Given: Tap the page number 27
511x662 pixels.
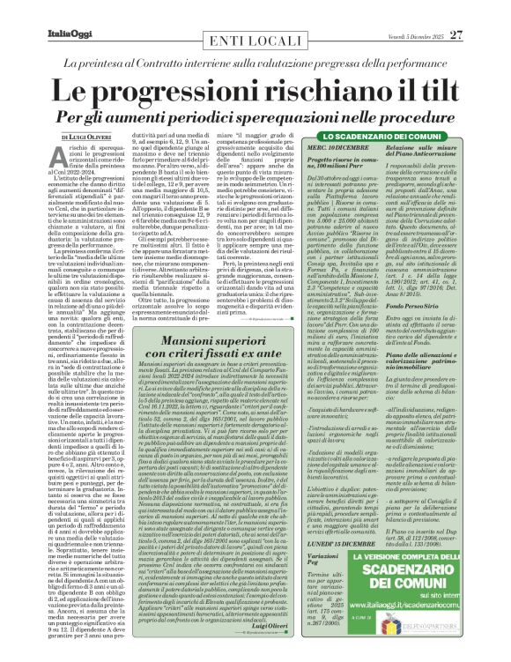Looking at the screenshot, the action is tap(480, 11).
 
